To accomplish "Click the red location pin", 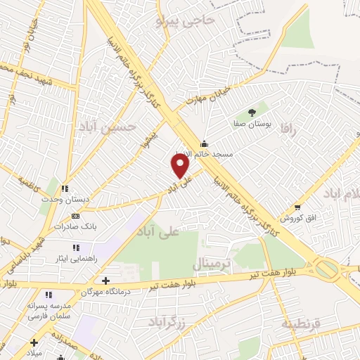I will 181,166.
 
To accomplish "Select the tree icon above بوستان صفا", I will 252,112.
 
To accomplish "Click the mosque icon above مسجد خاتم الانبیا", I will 203,143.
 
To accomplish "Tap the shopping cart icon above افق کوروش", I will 298,207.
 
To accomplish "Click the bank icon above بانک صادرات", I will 75,216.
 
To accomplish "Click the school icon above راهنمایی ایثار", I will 76,247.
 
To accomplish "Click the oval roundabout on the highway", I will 326,269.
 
